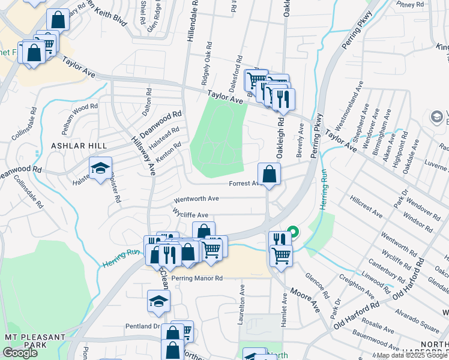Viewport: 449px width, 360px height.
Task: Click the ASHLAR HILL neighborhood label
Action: tap(79, 146)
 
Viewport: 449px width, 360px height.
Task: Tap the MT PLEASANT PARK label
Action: tap(34, 342)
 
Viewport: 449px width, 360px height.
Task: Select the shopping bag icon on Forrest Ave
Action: tap(270, 175)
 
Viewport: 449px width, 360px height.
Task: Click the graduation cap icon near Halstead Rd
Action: tap(100, 169)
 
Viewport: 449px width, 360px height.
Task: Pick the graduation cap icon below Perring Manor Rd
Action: tap(158, 302)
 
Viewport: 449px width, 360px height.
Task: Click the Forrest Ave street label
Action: tap(243, 184)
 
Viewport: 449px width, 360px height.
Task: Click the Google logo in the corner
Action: tap(20, 352)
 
